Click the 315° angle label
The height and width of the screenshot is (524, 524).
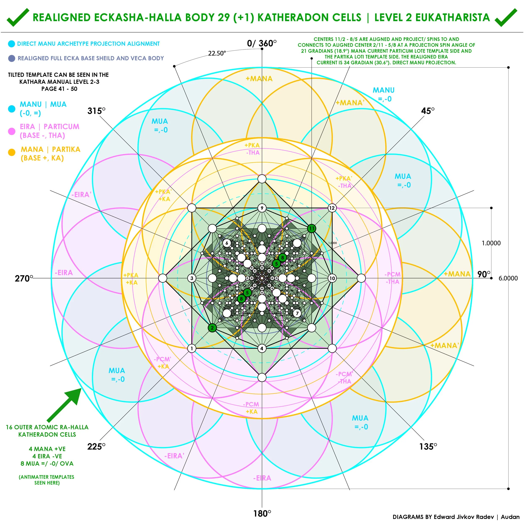tap(96, 111)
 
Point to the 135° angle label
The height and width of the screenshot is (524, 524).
tap(428, 446)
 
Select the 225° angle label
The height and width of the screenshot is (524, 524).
tap(96, 446)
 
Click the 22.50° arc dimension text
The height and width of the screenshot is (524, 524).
tap(217, 53)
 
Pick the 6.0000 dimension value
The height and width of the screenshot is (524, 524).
tap(508, 278)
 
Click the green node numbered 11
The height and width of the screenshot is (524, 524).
tap(312, 228)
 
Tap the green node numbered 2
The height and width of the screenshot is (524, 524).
tap(212, 328)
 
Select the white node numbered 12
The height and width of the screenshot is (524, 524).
tap(332, 208)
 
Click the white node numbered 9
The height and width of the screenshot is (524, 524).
tap(262, 208)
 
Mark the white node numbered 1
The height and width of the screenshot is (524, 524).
tap(192, 348)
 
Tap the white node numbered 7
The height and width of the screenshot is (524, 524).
tap(297, 313)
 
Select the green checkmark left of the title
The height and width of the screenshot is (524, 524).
tap(18, 17)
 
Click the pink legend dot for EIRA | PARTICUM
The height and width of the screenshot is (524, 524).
tap(12, 131)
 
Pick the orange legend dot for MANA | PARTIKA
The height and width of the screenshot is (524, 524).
tap(12, 152)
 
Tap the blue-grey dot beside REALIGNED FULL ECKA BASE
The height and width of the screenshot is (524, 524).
tap(12, 58)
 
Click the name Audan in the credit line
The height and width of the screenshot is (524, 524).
tap(510, 517)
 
